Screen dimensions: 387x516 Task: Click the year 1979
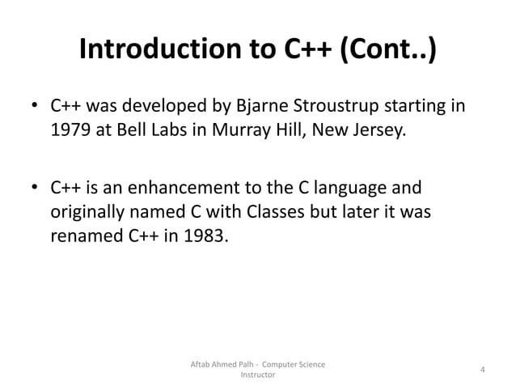70,133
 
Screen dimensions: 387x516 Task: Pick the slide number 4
482,370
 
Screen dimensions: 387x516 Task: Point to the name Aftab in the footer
200,364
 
